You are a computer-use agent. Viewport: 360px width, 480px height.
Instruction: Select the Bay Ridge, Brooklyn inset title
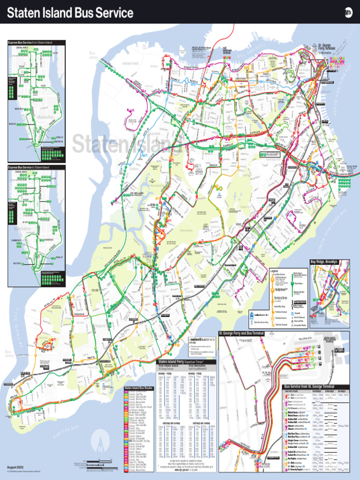324,262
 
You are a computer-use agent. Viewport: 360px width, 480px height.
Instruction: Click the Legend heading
275,271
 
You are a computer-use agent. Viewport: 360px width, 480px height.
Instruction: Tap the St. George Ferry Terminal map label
327,47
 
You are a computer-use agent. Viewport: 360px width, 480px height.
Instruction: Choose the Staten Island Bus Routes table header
139,389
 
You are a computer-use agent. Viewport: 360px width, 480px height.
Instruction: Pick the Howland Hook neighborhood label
130,63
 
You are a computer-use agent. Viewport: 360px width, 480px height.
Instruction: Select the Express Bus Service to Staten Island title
29,167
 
